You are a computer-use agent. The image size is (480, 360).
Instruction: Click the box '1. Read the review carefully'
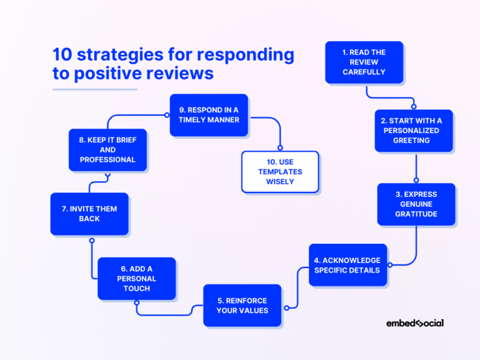click(364, 62)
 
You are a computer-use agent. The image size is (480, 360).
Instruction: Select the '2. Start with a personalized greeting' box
click(413, 131)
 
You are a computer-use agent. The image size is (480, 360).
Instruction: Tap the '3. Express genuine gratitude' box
click(416, 204)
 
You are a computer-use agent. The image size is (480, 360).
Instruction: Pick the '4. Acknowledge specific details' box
click(347, 265)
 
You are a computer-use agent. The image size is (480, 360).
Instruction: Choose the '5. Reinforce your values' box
click(242, 305)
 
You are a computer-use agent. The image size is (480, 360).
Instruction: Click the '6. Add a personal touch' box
click(136, 278)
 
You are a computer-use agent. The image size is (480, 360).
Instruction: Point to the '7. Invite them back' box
click(89, 214)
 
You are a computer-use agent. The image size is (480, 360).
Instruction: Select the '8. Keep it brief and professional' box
click(107, 150)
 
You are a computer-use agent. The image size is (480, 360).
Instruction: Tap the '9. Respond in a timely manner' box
click(209, 115)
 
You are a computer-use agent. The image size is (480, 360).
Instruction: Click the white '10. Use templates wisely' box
click(280, 172)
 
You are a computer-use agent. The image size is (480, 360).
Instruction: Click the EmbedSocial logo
click(414, 323)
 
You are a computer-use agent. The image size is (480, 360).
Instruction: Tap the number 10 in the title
click(63, 55)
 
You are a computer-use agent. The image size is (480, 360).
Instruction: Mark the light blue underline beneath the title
click(94, 89)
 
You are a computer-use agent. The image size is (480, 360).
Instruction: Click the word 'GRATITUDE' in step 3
click(416, 214)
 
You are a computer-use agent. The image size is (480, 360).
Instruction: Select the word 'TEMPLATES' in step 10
click(280, 172)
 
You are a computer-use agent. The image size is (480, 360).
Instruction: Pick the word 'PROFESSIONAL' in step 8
click(107, 159)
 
